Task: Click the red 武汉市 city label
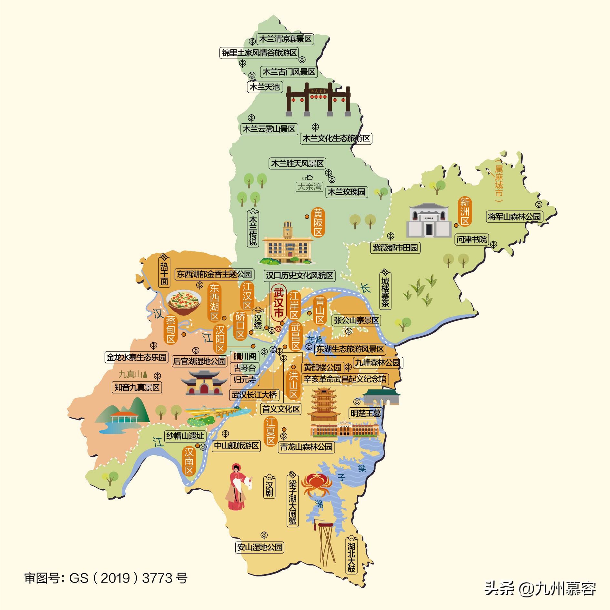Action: coord(278,303)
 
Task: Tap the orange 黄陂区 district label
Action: coord(318,222)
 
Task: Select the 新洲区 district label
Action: coord(465,211)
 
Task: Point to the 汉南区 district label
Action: coord(189,461)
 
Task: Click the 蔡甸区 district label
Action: coord(170,330)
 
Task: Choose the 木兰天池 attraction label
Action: coord(265,87)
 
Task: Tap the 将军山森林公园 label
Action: coord(514,217)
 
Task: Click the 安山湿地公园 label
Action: coord(260,547)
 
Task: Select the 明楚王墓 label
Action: coord(365,413)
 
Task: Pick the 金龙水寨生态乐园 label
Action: coord(137,357)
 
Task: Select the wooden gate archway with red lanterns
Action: coord(318,99)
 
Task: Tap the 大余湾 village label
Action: coord(310,187)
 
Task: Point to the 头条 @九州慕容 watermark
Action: coord(540,588)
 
